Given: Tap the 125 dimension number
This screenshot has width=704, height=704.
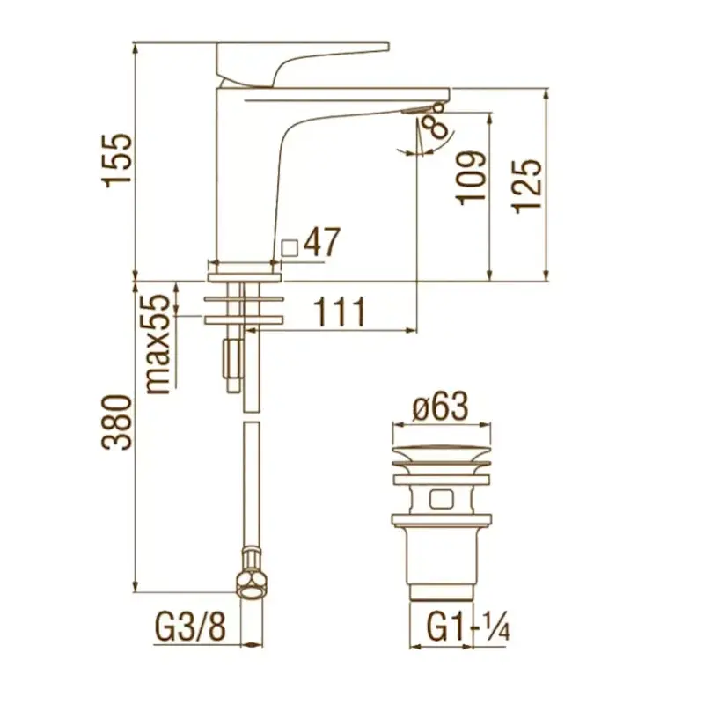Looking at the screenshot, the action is point(527,185).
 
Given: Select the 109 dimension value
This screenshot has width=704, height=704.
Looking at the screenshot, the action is point(472,178).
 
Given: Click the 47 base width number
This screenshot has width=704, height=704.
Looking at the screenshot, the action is point(322,242).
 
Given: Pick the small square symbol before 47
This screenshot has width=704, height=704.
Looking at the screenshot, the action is point(290,248).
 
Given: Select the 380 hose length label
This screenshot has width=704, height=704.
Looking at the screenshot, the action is point(118,422).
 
